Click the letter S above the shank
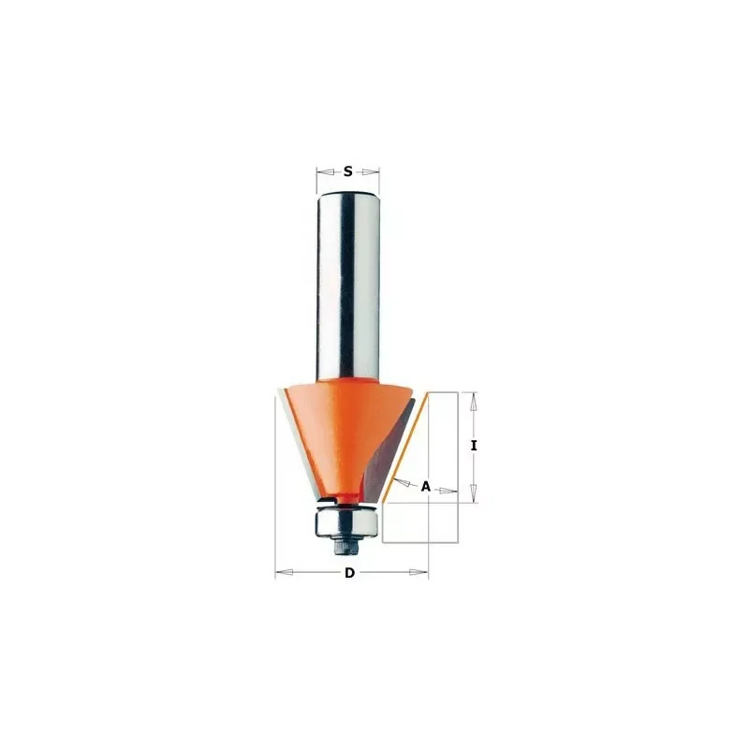coord(347,171)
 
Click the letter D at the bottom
coord(349,572)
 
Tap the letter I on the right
coord(474,446)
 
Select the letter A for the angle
coord(426,487)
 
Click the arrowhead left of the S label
coord(325,171)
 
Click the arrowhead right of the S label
coord(370,171)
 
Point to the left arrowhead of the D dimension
coord(285,572)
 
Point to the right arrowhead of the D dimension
coord(419,572)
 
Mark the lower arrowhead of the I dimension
coord(474,493)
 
